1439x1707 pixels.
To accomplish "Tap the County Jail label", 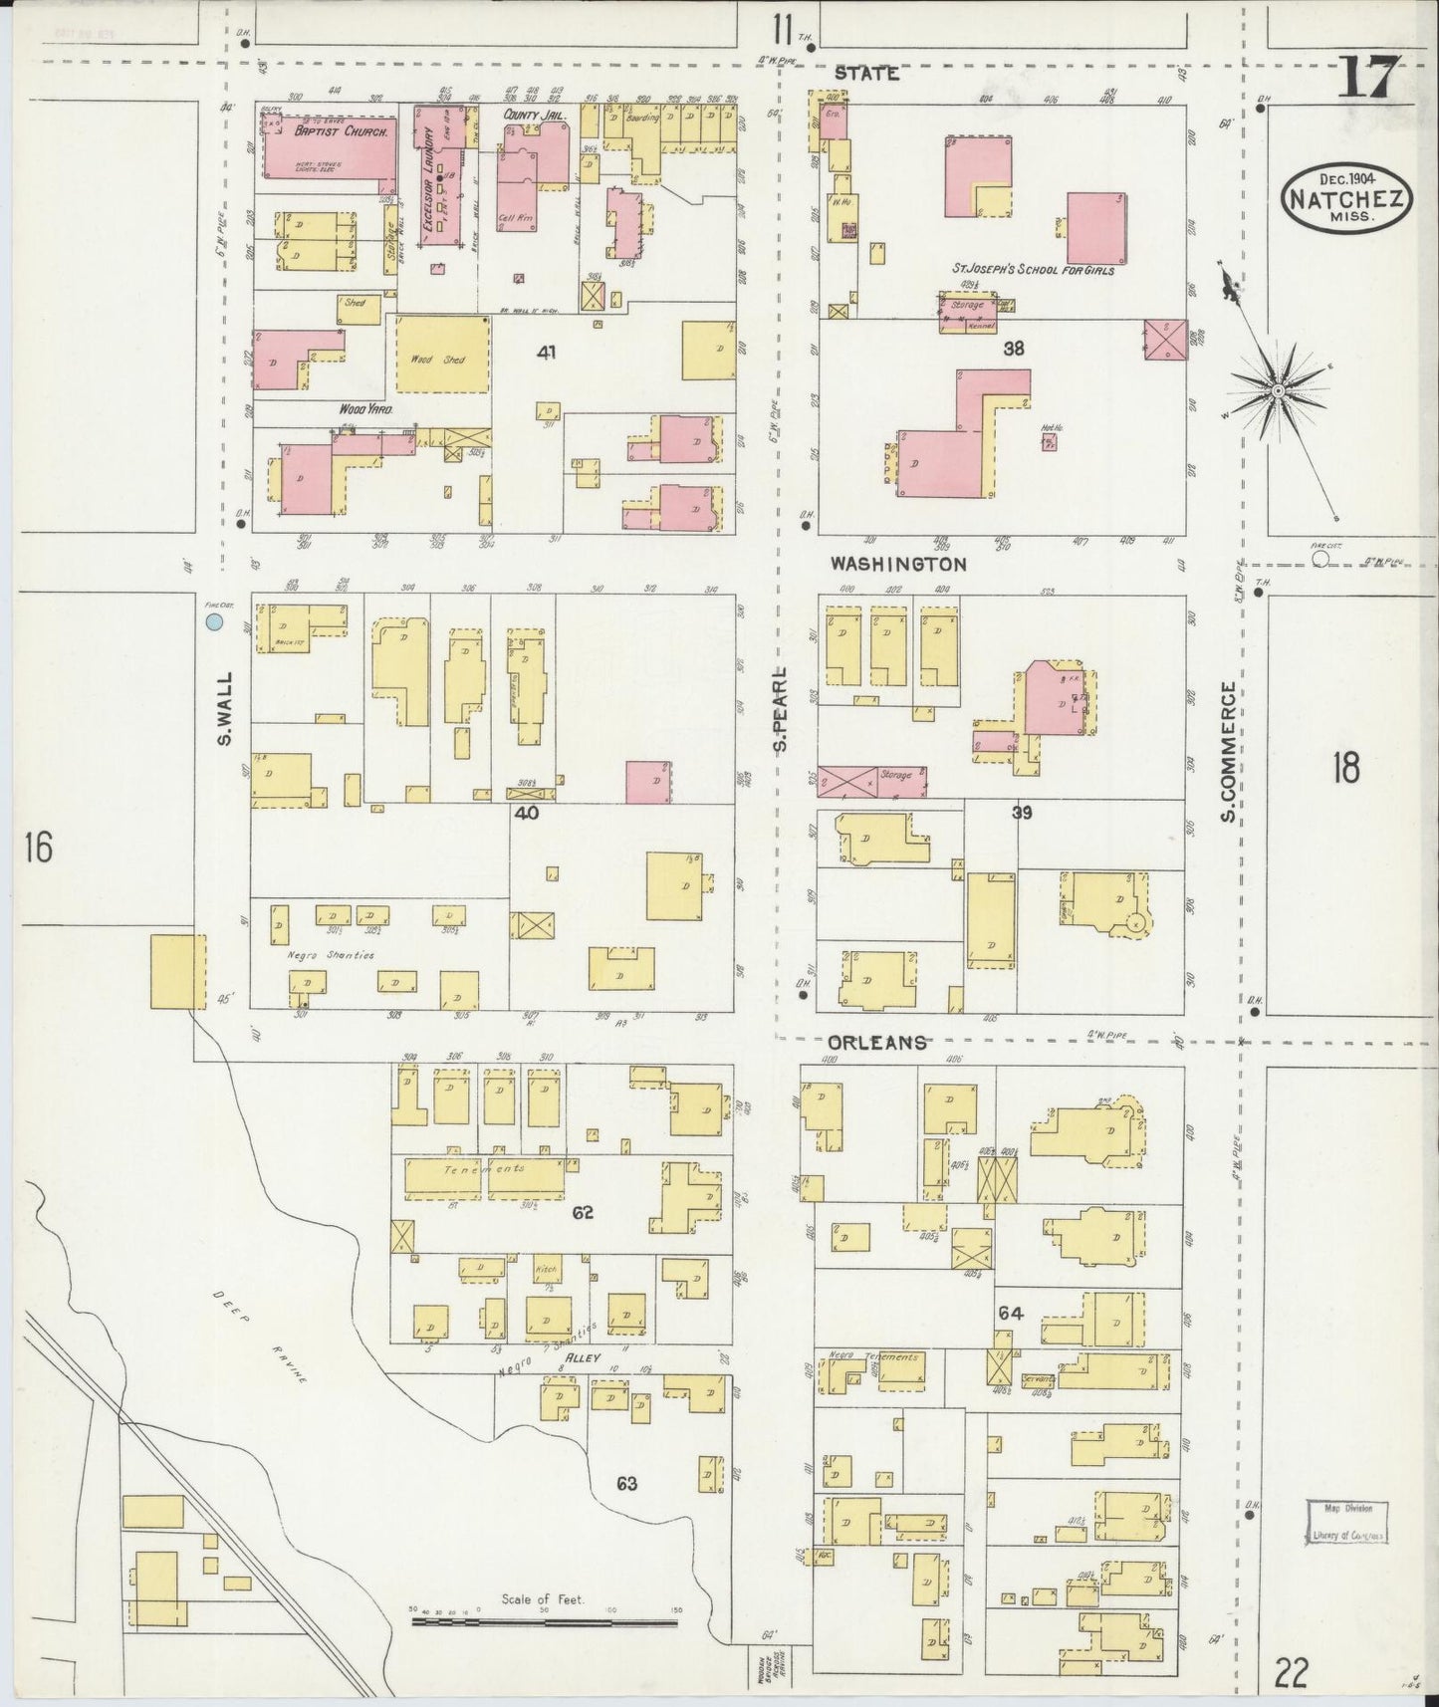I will coord(528,116).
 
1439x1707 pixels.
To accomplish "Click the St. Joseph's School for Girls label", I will coord(1033,270).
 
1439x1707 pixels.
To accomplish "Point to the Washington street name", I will coord(898,564).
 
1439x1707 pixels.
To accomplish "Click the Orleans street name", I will coord(877,1042).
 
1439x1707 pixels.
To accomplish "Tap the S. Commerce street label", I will coord(1228,752).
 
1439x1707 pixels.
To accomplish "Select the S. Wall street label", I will coord(224,708).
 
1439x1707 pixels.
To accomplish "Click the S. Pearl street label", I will coord(783,708).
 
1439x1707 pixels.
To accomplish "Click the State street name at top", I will coord(866,73).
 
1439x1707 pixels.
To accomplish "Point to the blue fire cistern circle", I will coord(213,622).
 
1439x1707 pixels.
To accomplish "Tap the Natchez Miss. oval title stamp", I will coord(1347,198).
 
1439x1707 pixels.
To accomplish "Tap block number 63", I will coord(625,1484).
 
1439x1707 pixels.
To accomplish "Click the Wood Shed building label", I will coord(442,358).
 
